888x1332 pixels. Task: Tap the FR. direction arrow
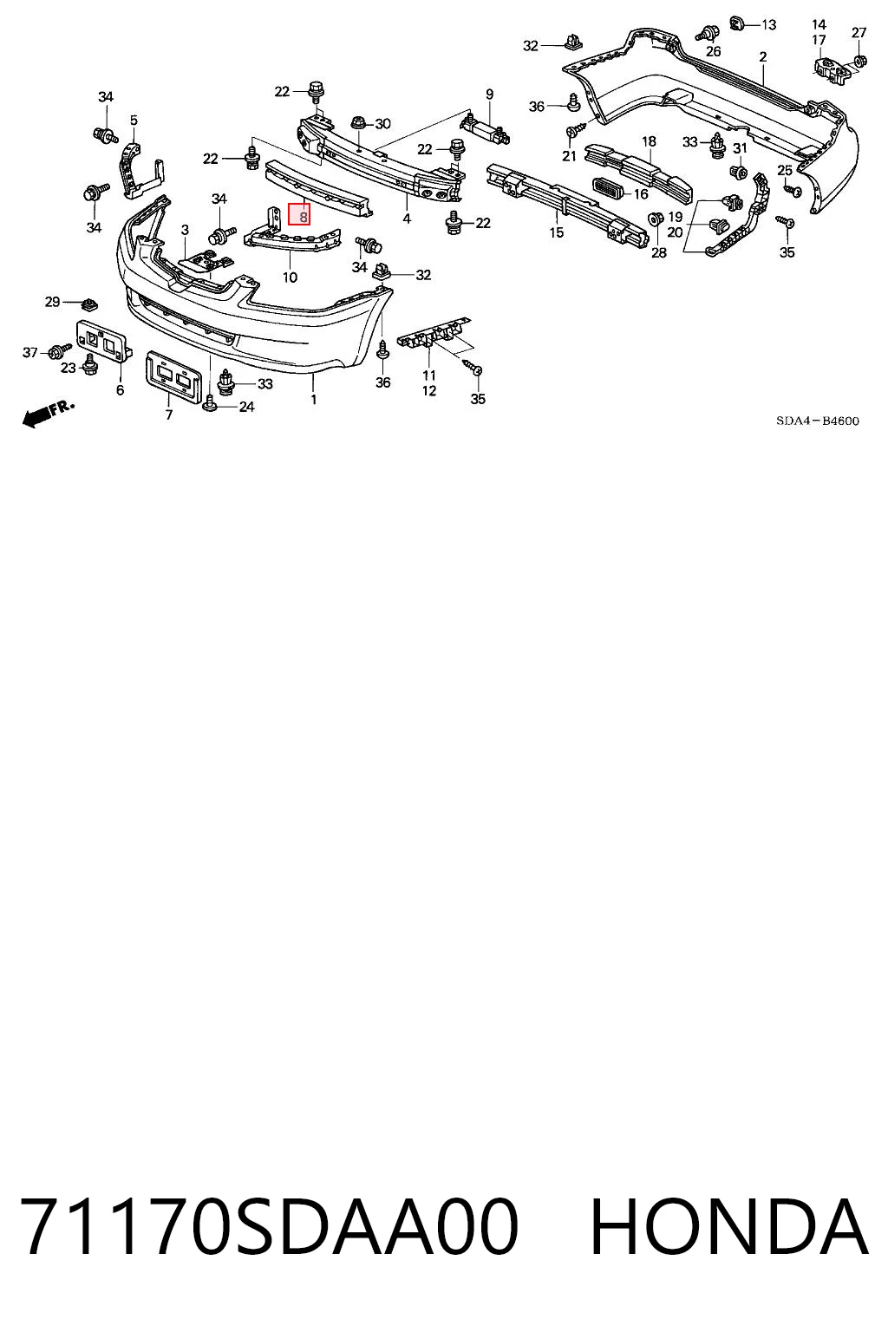49,413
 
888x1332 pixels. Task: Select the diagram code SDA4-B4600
817,421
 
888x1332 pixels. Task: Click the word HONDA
728,1228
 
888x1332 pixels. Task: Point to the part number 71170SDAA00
270,1228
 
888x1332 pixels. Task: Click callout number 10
290,277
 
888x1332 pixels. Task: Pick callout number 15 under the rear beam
556,232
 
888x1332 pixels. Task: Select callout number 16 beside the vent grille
641,194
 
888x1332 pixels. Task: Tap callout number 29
52,302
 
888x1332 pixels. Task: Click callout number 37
29,353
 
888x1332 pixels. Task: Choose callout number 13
769,25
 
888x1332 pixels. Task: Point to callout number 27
859,33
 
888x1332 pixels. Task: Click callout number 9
489,94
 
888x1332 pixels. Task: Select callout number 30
383,124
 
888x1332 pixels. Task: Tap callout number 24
246,407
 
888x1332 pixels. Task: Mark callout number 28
659,252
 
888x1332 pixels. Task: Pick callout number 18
649,141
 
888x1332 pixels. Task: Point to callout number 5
134,121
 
